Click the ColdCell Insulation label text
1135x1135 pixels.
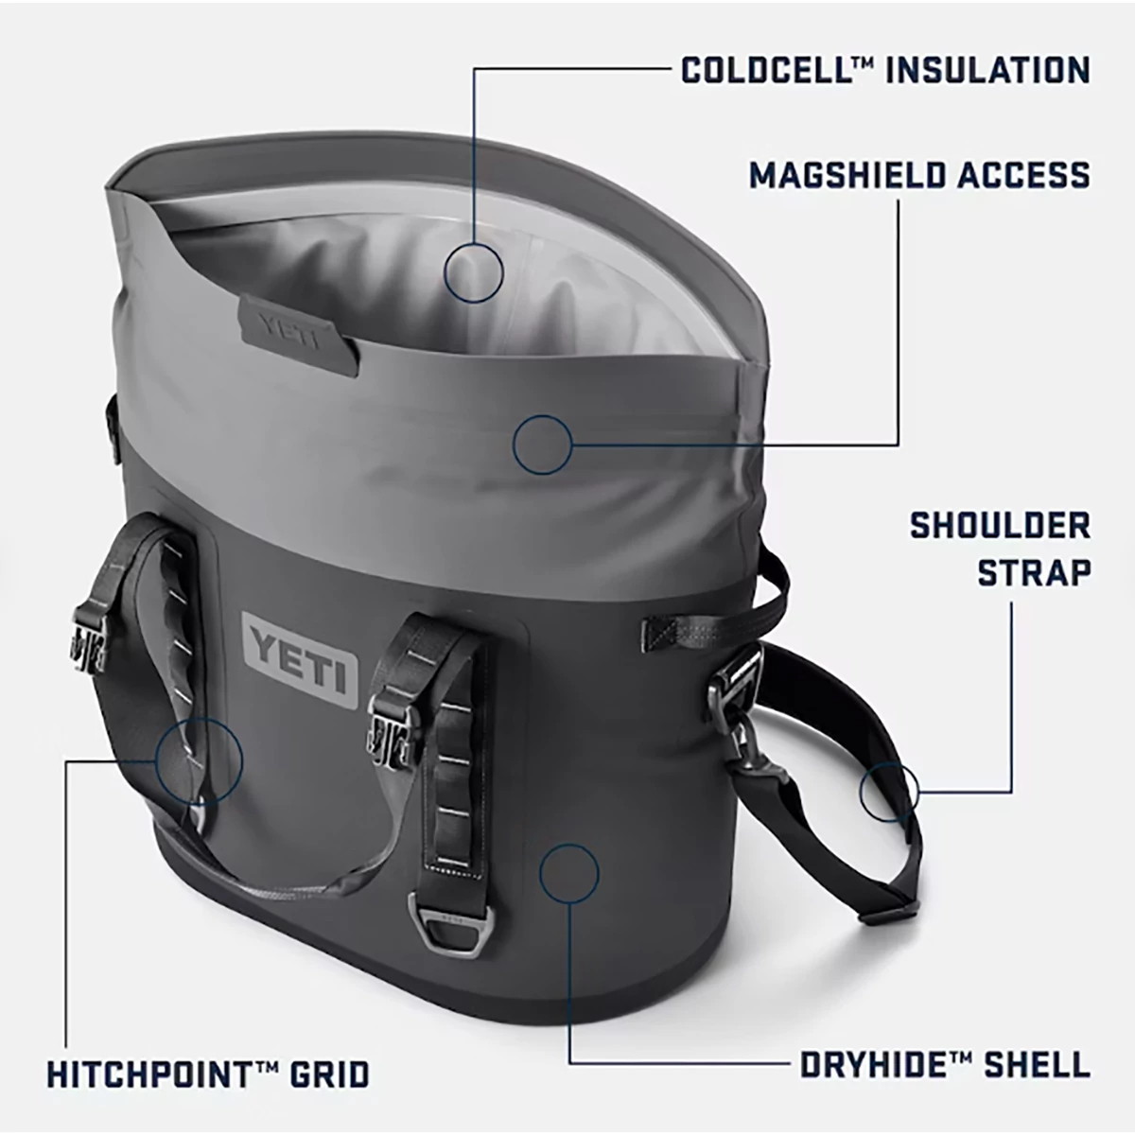coord(885,70)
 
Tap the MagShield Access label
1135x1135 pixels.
coord(919,175)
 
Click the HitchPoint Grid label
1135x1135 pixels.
coord(208,1074)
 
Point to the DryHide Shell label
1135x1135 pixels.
coord(945,1065)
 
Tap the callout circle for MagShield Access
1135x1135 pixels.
coord(543,443)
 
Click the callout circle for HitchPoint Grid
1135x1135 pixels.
coord(200,760)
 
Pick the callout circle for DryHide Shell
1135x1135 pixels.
coord(568,871)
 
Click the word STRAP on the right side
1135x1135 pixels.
coord(1034,571)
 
